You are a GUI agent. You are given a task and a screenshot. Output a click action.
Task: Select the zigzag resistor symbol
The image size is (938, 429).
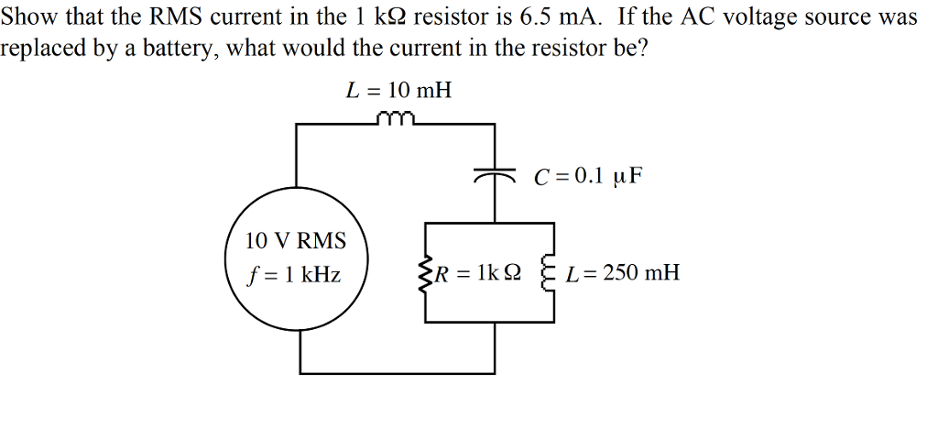coord(425,273)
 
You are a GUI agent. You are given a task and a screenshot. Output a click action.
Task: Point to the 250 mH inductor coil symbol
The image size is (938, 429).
coord(551,272)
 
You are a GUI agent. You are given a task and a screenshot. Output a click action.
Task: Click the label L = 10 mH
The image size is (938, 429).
coord(398,90)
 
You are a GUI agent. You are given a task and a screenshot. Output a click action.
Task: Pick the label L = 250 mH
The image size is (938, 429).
coord(624,272)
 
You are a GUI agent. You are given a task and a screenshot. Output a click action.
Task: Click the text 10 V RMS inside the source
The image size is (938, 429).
coord(296,241)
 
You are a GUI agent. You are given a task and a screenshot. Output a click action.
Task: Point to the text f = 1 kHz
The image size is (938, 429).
coord(294,274)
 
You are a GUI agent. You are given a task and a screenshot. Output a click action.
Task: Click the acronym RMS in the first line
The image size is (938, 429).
coord(173,16)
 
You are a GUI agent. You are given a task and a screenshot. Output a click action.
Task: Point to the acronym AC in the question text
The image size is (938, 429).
coord(698,16)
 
